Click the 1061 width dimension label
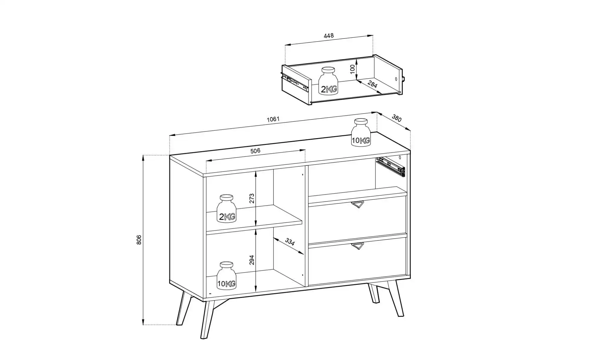click(273, 119)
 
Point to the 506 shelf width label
click(255, 151)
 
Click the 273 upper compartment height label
click(252, 198)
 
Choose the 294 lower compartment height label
click(252, 260)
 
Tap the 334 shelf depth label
click(290, 242)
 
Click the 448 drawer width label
click(329, 36)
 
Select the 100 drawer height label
click(353, 70)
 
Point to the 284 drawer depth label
click(372, 84)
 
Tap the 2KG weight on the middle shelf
click(226, 208)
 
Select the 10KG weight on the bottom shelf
click(226, 275)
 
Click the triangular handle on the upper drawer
click(358, 204)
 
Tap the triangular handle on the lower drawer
click(358, 246)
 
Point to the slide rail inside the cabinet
click(391, 167)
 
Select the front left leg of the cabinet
click(208, 320)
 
